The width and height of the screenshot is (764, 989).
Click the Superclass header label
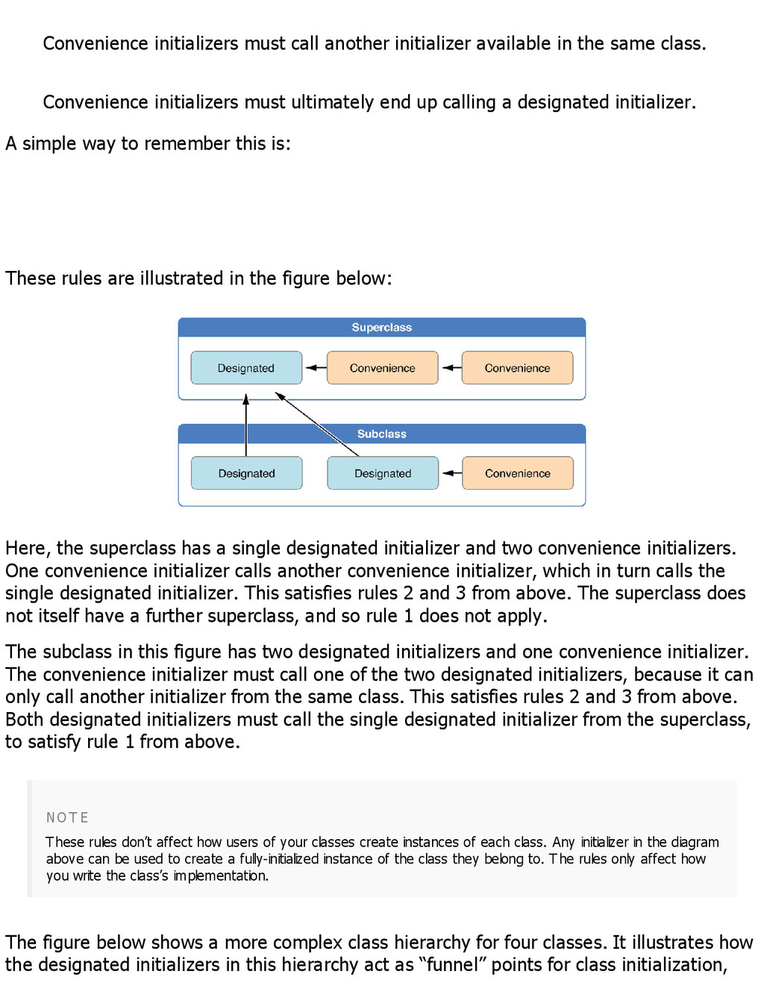(x=381, y=328)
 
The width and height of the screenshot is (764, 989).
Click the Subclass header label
(x=381, y=434)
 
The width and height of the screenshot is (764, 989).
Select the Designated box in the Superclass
(x=246, y=368)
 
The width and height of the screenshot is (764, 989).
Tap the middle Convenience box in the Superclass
(x=382, y=368)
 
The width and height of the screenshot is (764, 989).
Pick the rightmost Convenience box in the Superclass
(x=517, y=368)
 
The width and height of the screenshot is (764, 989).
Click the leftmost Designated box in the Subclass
(x=246, y=473)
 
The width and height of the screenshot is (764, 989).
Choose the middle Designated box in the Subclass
(x=383, y=473)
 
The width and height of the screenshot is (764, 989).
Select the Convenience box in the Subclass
(x=517, y=473)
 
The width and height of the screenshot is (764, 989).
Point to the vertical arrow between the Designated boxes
(x=246, y=425)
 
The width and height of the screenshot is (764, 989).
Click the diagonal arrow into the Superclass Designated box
(x=317, y=424)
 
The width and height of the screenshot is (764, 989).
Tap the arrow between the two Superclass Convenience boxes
(x=451, y=368)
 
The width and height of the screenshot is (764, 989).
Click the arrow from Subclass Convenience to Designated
(x=451, y=473)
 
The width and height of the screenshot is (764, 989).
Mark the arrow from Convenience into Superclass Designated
(x=316, y=368)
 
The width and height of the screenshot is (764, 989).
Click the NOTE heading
(x=67, y=818)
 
